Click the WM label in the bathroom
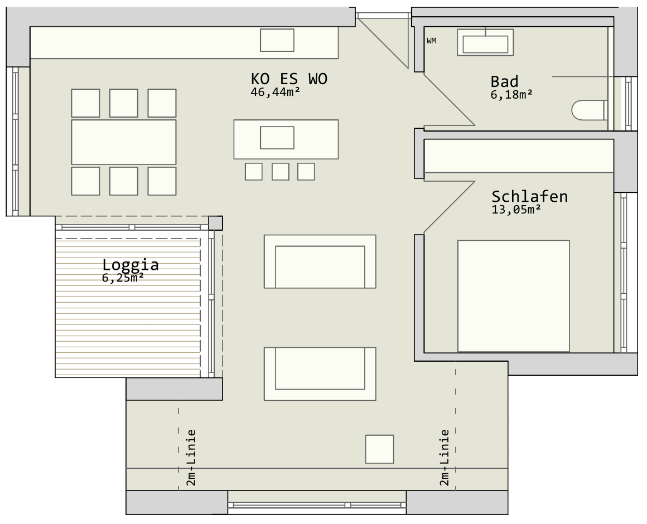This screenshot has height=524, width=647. (x=431, y=41)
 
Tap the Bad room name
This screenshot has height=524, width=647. (x=504, y=81)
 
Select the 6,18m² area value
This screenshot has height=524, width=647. (x=511, y=94)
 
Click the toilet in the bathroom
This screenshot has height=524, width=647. (x=589, y=110)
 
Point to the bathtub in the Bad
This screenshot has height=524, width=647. (x=485, y=42)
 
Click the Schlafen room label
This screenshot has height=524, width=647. (x=529, y=196)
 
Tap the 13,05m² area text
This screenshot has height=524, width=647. (x=516, y=210)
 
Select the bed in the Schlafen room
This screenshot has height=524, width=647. (x=513, y=296)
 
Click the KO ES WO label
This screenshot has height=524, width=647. (x=289, y=79)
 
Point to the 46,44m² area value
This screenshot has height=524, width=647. (x=275, y=92)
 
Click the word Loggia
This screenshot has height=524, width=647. (x=131, y=265)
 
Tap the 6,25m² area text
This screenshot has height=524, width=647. (x=123, y=278)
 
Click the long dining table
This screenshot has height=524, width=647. (x=124, y=142)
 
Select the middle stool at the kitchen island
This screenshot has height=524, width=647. (x=280, y=172)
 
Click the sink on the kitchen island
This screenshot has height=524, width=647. (x=277, y=138)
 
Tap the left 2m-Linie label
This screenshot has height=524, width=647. (x=191, y=458)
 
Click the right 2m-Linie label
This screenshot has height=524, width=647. (x=445, y=458)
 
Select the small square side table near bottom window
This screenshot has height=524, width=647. (x=380, y=449)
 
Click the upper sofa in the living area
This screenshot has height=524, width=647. (x=320, y=261)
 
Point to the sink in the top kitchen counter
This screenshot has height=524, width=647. (x=277, y=40)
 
